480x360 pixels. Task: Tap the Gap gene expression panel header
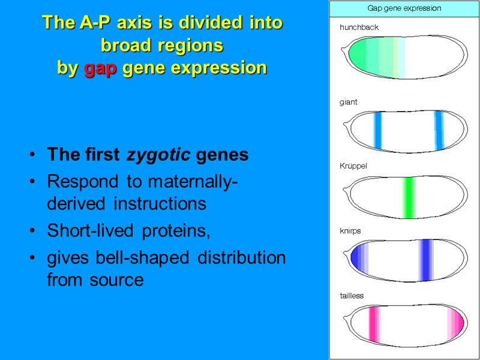pos(404,8)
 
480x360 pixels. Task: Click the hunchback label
pos(359,27)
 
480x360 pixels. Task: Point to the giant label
pos(348,102)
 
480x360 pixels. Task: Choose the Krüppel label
pos(353,166)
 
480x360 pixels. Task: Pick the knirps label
pos(350,230)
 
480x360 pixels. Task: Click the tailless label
pos(352,295)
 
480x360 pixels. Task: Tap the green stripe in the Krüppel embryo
pos(409,198)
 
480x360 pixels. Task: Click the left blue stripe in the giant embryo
pos(377,130)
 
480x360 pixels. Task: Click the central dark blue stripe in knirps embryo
pos(426,260)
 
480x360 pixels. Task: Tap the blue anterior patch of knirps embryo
pos(357,260)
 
